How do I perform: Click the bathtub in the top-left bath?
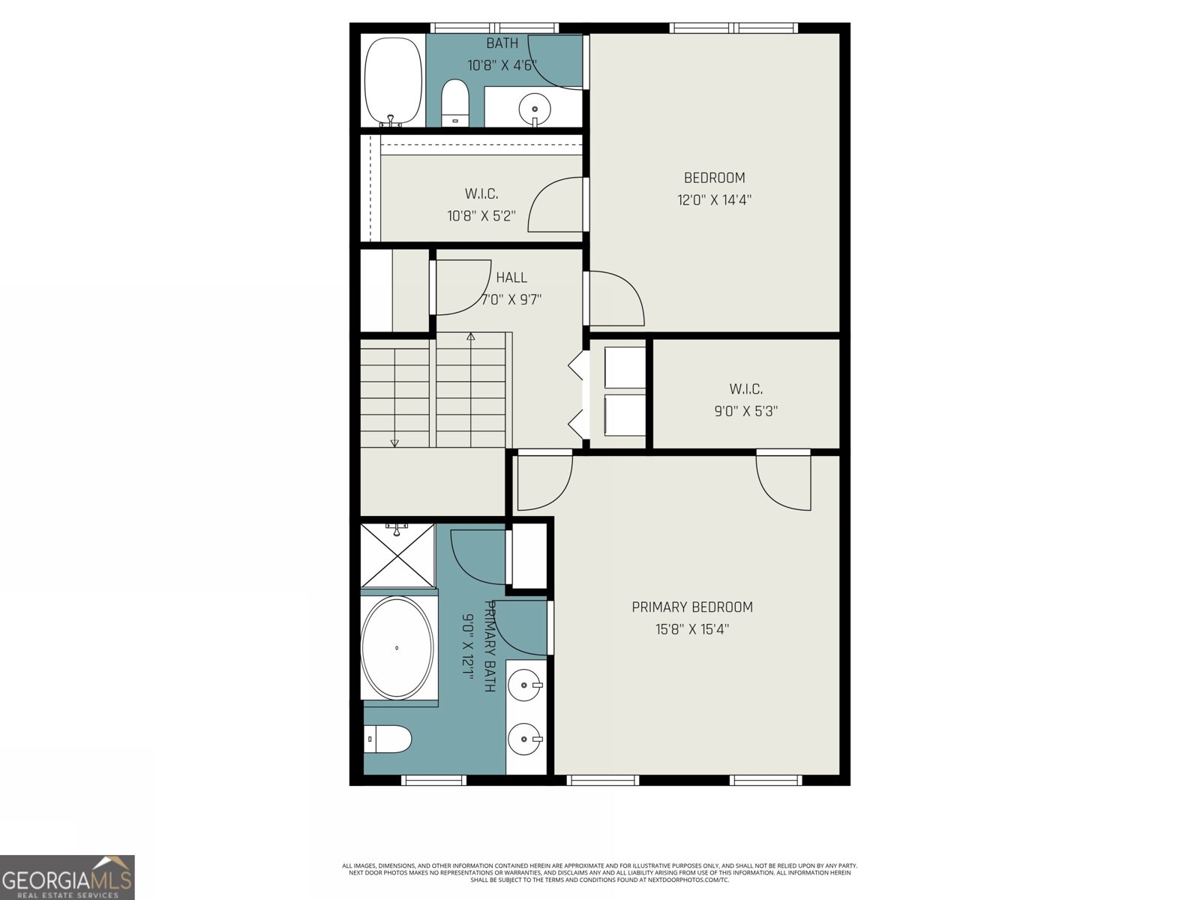coord(392,81)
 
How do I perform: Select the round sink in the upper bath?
coord(535,107)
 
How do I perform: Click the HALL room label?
coord(511,277)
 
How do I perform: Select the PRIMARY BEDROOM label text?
coord(691,607)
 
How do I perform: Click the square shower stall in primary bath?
coord(397,556)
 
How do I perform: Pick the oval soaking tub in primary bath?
coord(397,647)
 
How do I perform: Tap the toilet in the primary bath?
coord(388,739)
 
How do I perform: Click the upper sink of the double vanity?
coord(525,684)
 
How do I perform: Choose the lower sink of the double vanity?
coord(525,739)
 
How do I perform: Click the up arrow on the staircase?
coord(470,337)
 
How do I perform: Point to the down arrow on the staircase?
coord(394,442)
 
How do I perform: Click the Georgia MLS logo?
coord(67,877)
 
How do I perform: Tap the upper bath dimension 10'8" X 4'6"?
coord(502,65)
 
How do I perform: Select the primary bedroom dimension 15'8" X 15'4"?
coord(691,628)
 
